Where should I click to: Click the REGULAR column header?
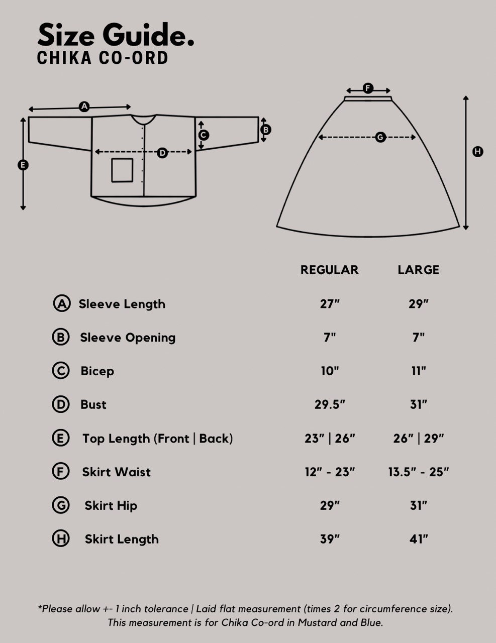pyautogui.click(x=329, y=270)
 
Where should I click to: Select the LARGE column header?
pyautogui.click(x=419, y=270)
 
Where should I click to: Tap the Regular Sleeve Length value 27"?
pyautogui.click(x=330, y=304)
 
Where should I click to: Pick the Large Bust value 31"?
pyautogui.click(x=419, y=404)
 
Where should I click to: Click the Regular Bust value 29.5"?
pyautogui.click(x=330, y=404)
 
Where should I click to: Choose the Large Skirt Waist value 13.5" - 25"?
pyautogui.click(x=419, y=472)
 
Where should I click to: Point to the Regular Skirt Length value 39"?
pyautogui.click(x=330, y=539)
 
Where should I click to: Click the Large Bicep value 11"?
pyautogui.click(x=419, y=371)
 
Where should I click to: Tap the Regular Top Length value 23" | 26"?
pyautogui.click(x=330, y=438)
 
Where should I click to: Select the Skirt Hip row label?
pyautogui.click(x=111, y=506)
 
